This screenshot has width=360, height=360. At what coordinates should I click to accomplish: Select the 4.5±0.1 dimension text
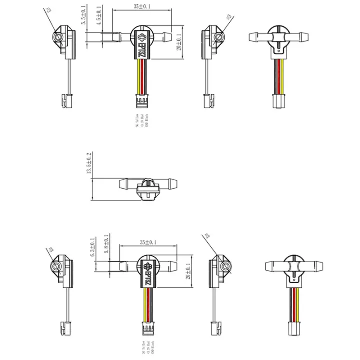(99, 15)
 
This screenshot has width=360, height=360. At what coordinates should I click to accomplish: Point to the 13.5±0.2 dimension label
(89, 163)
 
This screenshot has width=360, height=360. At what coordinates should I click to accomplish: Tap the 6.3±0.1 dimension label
(93, 248)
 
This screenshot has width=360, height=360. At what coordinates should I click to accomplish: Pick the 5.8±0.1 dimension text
(106, 245)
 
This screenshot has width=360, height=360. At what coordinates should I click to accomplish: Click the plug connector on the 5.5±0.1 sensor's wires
(142, 101)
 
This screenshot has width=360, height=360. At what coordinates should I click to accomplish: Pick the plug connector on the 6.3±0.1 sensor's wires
(148, 330)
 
